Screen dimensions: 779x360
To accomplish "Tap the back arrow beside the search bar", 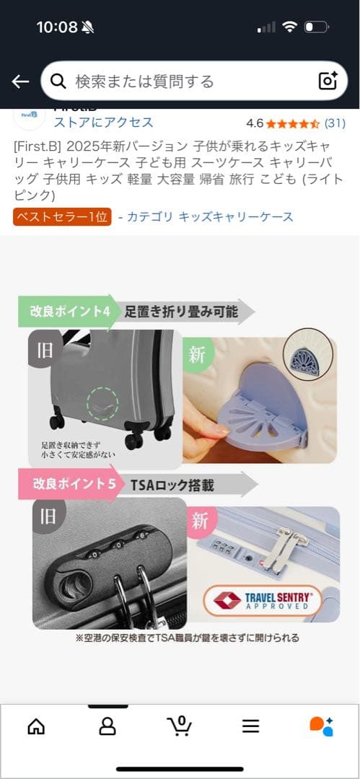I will coord(20,81).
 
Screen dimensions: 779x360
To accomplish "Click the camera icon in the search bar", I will coord(328,81).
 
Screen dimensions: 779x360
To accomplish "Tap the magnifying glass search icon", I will coord(58,81).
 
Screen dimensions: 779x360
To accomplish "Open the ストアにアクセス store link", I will coord(103,122).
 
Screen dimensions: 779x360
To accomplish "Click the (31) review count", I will coord(335,123).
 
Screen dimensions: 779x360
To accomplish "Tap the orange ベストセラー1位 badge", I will coord(62,216).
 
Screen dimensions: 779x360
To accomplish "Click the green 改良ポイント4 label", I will coord(69,312).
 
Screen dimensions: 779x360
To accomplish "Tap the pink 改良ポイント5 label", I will coord(72,483).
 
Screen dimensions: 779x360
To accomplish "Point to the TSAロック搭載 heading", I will coord(172,485).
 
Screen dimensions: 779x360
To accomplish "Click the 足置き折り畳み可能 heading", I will coord(180,312).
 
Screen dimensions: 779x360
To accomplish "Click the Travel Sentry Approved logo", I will coord(262,600).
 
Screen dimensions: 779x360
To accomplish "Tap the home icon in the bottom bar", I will coord(36,726).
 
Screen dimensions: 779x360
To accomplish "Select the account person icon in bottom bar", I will coord(107,726).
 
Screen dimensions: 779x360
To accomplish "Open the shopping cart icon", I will coord(180,725).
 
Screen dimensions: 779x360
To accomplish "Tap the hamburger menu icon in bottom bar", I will coord(250,726).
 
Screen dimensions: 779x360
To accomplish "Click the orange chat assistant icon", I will coord(321,726).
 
